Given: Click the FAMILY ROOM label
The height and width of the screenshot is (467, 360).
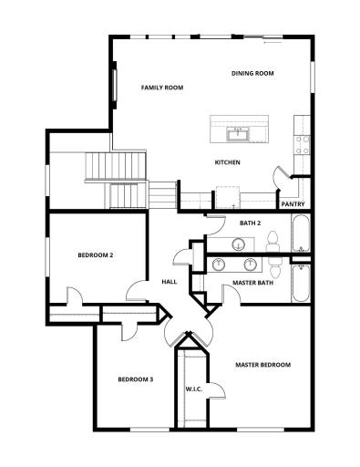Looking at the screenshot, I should pyautogui.click(x=162, y=88).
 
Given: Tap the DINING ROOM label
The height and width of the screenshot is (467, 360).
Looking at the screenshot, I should pyautogui.click(x=252, y=73).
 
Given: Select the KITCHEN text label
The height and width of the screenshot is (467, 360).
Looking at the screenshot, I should pyautogui.click(x=227, y=162).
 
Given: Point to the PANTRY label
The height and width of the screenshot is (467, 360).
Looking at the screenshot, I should pyautogui.click(x=293, y=203).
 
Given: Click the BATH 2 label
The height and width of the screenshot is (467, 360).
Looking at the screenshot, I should pyautogui.click(x=251, y=223).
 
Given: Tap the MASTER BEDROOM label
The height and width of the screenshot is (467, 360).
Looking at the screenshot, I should pyautogui.click(x=262, y=365).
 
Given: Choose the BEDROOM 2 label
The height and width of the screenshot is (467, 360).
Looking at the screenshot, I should pyautogui.click(x=95, y=254).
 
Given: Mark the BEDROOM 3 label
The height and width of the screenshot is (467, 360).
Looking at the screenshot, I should pyautogui.click(x=135, y=379).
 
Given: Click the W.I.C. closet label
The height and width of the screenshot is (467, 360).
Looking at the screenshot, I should pyautogui.click(x=193, y=389).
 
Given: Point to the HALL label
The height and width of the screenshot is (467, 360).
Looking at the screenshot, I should pyautogui.click(x=170, y=282).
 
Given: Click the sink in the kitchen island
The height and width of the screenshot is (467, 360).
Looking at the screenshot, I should pyautogui.click(x=241, y=134).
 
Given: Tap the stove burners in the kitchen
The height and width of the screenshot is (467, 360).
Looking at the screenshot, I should pyautogui.click(x=301, y=142).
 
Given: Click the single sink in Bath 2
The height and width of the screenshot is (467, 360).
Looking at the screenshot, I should pyautogui.click(x=238, y=244).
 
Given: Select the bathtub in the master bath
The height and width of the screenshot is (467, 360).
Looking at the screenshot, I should pyautogui.click(x=300, y=285).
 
